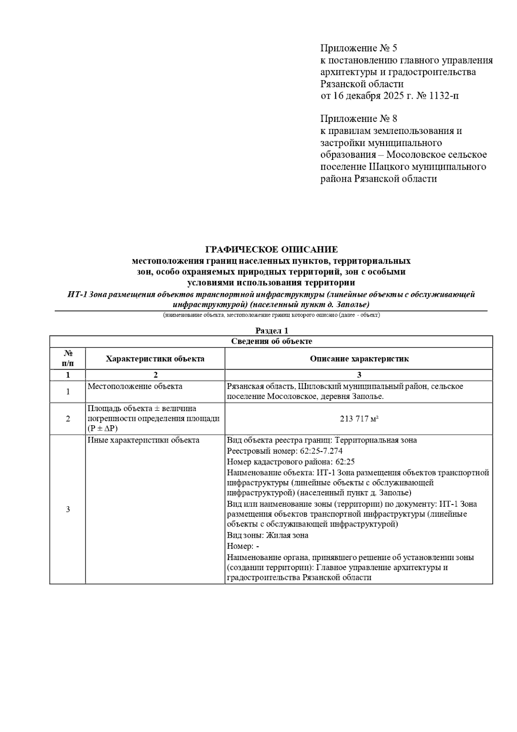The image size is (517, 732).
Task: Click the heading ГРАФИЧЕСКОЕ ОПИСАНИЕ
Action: (271, 249)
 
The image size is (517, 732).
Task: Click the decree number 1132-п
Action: (443, 96)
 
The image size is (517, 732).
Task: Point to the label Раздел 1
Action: (271, 331)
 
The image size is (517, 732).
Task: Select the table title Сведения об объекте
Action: (271, 342)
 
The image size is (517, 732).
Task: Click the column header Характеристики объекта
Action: (155, 359)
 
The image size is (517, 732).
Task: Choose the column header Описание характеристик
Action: (359, 359)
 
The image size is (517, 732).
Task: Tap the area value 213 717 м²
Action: (359, 419)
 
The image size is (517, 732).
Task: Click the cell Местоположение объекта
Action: (135, 386)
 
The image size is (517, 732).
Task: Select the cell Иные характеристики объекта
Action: (143, 440)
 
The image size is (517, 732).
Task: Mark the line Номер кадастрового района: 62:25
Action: (291, 462)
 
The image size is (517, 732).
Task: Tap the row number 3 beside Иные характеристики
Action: (68, 510)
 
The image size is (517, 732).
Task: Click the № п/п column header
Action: (68, 358)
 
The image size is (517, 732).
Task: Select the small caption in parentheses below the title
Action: (271, 315)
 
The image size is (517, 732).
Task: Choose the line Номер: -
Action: (243, 546)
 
